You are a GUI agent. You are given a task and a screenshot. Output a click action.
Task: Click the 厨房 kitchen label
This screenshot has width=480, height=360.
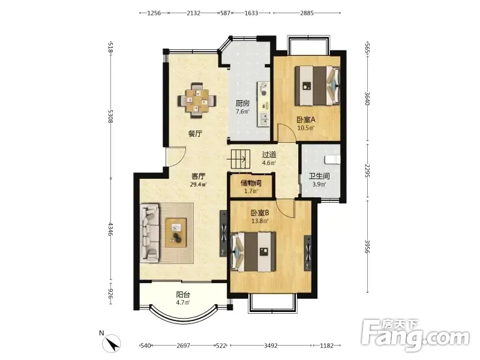point(242,103)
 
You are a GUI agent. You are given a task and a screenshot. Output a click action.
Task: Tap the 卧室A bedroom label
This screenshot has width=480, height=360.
point(306,119)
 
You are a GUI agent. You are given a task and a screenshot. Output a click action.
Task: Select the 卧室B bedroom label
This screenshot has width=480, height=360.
point(260,212)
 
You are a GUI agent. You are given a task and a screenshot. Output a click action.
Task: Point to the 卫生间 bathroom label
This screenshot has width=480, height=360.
point(319,176)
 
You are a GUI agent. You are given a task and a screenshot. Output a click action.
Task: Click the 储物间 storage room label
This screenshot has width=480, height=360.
point(251,184)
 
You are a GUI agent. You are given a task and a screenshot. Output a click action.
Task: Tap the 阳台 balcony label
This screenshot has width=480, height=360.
point(183,295)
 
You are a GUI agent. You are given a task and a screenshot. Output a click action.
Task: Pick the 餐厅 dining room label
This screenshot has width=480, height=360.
point(196,133)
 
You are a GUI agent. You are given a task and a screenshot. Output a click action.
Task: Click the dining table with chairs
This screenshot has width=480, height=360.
point(197,100)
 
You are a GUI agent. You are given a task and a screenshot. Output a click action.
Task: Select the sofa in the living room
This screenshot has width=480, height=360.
point(150,233)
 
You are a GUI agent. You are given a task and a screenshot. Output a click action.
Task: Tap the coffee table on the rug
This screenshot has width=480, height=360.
point(176,232)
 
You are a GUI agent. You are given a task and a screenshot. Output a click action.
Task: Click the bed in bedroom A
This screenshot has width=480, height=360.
point(317,86)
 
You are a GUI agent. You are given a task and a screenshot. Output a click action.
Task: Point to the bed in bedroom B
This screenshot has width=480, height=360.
point(253,251)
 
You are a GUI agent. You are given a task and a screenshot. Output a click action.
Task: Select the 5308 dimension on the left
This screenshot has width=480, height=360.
point(110,116)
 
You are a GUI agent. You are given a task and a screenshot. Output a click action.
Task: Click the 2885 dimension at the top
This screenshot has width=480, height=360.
point(307,13)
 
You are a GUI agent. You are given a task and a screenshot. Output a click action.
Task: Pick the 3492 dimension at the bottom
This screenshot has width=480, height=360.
point(271,346)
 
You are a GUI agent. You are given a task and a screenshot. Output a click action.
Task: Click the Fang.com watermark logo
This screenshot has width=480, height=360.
point(415,335)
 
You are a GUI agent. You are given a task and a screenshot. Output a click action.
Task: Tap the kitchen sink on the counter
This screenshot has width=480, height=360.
point(263,119)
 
